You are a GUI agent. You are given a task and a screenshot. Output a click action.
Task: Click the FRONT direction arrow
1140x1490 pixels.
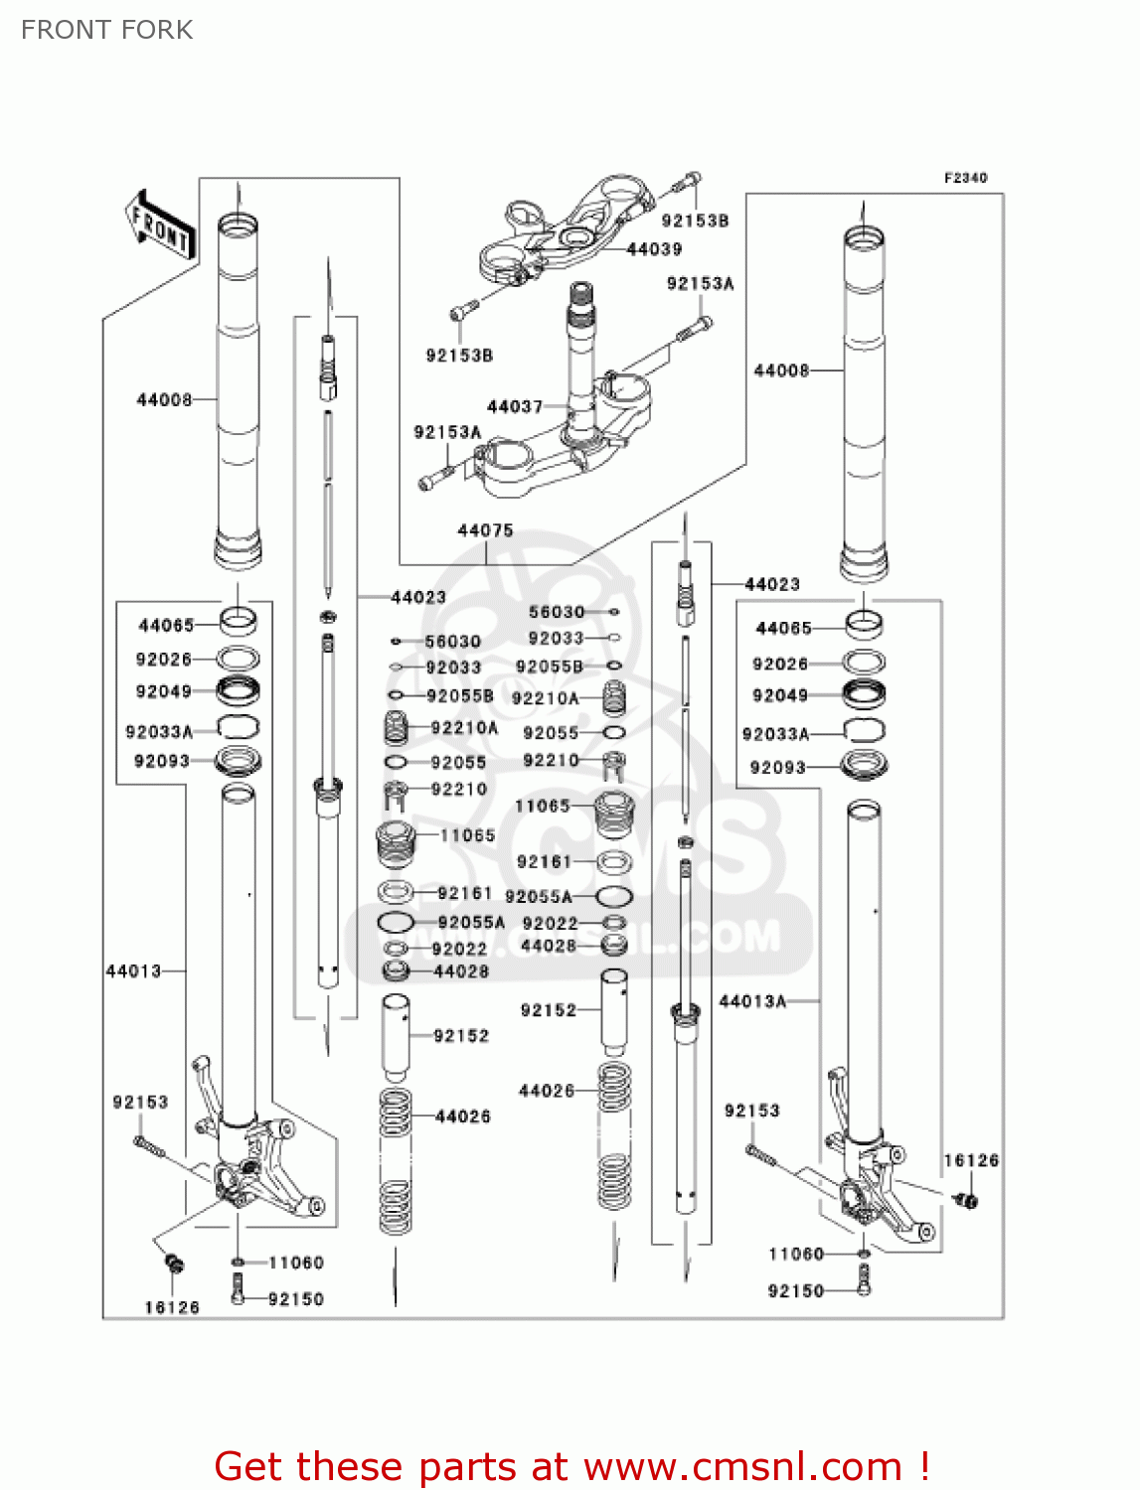pos(159,225)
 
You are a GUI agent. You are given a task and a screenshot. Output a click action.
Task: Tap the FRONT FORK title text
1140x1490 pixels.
pos(106,30)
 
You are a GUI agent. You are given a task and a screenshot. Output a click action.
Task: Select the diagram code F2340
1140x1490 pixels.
pos(965,178)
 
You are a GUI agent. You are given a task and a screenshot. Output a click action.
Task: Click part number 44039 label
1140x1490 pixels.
pos(654,249)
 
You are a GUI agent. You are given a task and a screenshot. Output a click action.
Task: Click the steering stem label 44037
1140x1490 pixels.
pos(514,406)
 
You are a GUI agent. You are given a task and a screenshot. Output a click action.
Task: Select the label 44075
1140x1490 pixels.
pos(485,530)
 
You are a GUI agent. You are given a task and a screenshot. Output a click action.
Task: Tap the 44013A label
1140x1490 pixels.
pos(752,1001)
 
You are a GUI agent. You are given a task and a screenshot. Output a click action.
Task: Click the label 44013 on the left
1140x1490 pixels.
pos(133,970)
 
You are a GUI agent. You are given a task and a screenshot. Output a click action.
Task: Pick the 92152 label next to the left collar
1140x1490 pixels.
pos(461,1036)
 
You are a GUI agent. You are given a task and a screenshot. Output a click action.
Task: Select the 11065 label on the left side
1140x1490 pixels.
pos(467,835)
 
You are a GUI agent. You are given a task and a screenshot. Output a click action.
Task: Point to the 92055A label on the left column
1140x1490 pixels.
pos(471,922)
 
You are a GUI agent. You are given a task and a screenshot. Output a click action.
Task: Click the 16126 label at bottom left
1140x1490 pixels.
pos(172,1307)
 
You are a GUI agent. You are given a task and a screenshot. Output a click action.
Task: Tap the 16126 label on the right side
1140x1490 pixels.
pos(971,1160)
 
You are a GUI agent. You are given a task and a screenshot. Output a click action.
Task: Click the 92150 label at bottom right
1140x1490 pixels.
pos(796,1290)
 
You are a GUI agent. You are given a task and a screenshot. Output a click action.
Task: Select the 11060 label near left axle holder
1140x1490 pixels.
pos(296,1263)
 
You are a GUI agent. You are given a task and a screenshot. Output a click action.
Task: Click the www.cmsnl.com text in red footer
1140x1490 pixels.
pos(741,1466)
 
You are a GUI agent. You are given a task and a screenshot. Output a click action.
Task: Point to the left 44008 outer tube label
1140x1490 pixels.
pos(164,399)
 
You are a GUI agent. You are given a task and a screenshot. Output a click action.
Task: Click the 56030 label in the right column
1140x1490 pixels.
pos(557,612)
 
